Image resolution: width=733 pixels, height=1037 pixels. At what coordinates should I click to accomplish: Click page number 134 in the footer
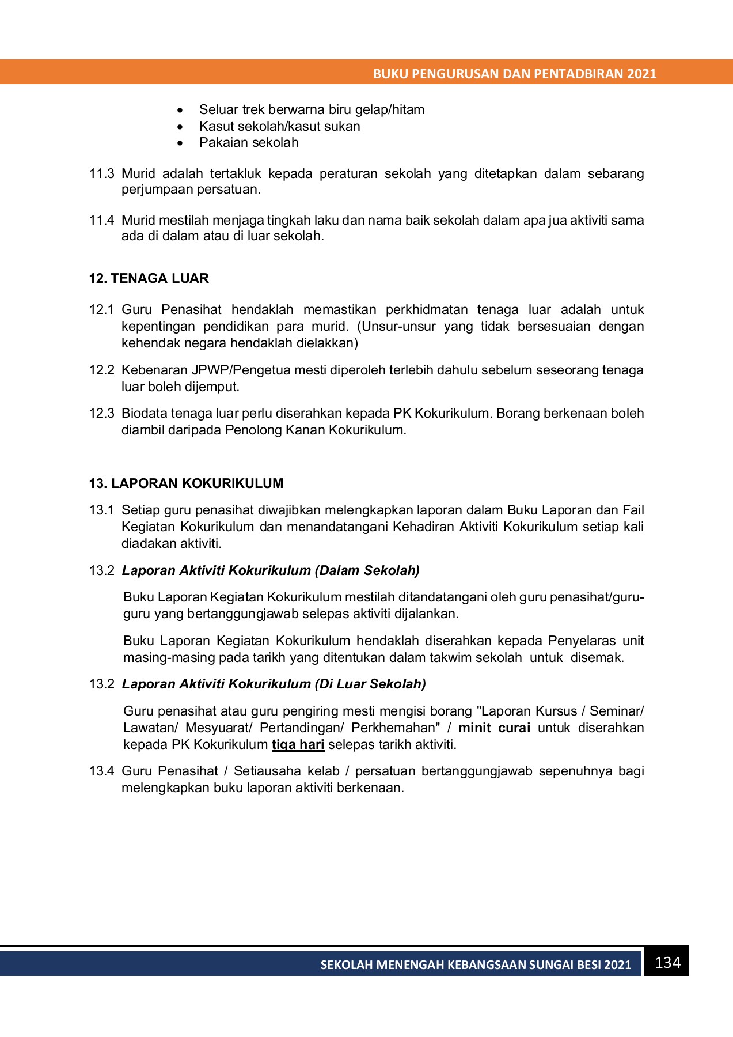pyautogui.click(x=667, y=963)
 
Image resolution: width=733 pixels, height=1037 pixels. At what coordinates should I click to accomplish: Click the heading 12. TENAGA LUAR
pyautogui.click(x=149, y=279)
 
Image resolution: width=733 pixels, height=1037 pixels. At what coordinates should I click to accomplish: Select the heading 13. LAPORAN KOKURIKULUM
pyautogui.click(x=186, y=484)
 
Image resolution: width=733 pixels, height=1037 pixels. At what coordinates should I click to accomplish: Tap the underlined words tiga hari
pyautogui.click(x=298, y=745)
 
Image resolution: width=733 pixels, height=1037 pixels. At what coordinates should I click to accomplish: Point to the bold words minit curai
pyautogui.click(x=494, y=728)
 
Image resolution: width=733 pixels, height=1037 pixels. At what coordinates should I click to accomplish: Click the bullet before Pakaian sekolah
pyautogui.click(x=181, y=143)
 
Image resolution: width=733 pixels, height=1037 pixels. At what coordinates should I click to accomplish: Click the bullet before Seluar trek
pyautogui.click(x=181, y=111)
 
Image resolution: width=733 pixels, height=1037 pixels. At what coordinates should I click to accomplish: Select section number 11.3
pyautogui.click(x=101, y=174)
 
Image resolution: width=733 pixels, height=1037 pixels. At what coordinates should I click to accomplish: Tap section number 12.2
pyautogui.click(x=101, y=370)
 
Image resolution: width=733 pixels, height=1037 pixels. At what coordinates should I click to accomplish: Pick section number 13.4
pyautogui.click(x=101, y=771)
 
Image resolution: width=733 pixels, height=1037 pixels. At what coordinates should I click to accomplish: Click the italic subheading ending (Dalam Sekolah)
pyautogui.click(x=271, y=571)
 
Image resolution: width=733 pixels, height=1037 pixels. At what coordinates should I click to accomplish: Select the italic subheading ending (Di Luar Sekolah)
pyautogui.click(x=274, y=684)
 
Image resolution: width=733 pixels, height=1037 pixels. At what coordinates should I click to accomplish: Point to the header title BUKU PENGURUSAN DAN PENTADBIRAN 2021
pyautogui.click(x=514, y=74)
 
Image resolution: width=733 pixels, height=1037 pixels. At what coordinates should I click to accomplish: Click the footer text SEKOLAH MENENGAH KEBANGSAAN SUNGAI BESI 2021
pyautogui.click(x=476, y=965)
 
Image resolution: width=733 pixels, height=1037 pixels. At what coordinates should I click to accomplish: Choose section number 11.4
pyautogui.click(x=101, y=221)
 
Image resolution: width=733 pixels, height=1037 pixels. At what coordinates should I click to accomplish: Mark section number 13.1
pyautogui.click(x=101, y=510)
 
